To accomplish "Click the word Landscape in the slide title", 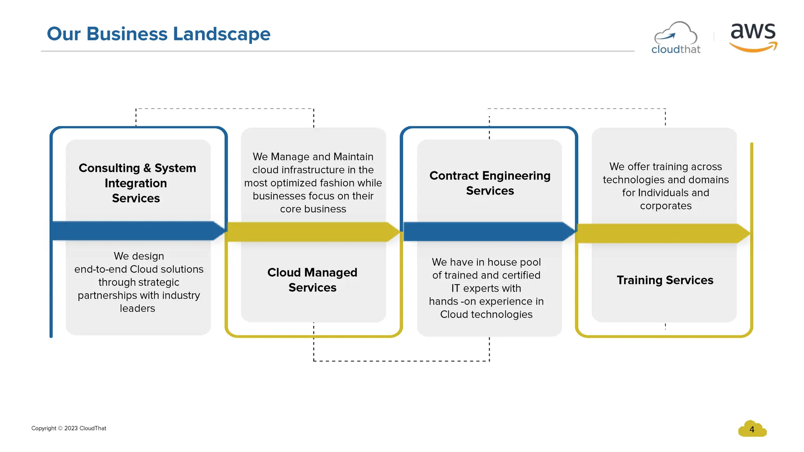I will click(x=221, y=34).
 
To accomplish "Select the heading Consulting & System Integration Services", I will click(x=137, y=183).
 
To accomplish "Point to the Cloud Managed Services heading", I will click(x=312, y=280).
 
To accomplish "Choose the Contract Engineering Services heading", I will click(x=490, y=183).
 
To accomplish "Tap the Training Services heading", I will click(x=665, y=280).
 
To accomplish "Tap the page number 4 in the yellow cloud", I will click(x=752, y=430).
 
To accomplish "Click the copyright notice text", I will click(x=69, y=428).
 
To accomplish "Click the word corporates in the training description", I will click(x=666, y=206).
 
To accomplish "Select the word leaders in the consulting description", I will click(x=137, y=308).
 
